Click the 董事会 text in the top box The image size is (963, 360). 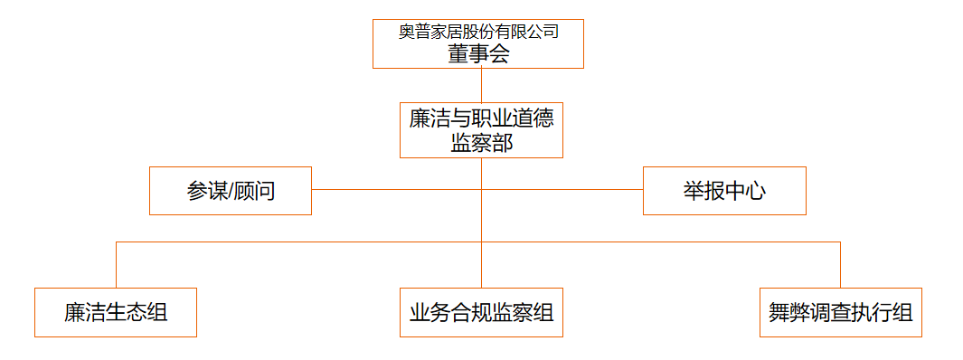pyautogui.click(x=478, y=54)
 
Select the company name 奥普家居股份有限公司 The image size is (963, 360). pyautogui.click(x=478, y=32)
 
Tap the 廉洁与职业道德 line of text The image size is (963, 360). pyautogui.click(x=481, y=118)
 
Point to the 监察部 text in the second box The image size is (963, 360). pyautogui.click(x=481, y=142)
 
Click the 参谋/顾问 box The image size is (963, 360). pyautogui.click(x=231, y=191)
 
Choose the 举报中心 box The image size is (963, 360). pyautogui.click(x=724, y=191)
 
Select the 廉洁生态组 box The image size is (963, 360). pyautogui.click(x=116, y=313)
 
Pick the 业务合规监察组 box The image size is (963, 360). pyautogui.click(x=481, y=313)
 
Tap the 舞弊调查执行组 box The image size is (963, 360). pyautogui.click(x=840, y=313)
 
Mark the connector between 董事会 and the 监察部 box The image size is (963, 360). pyautogui.click(x=481, y=85)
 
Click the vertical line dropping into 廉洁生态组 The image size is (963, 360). pyautogui.click(x=116, y=264)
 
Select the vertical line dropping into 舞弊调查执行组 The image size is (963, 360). pyautogui.click(x=840, y=264)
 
